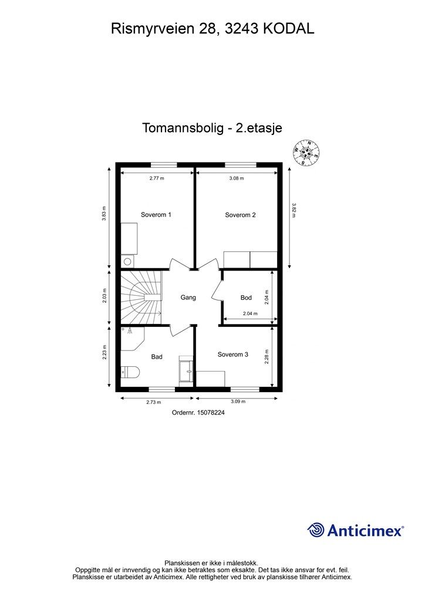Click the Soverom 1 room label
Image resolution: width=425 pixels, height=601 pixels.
(x=156, y=215)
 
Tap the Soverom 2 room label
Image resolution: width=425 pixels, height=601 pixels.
(x=240, y=215)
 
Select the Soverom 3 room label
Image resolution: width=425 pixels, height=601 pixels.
(x=232, y=354)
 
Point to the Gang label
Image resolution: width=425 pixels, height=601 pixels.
(x=188, y=298)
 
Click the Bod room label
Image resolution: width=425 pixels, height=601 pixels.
(x=246, y=298)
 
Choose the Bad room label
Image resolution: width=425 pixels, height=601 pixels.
(x=157, y=357)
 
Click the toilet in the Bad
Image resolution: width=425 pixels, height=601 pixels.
(x=129, y=372)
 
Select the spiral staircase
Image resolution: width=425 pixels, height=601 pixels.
(x=141, y=297)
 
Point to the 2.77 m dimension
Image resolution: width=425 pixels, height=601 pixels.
(x=157, y=178)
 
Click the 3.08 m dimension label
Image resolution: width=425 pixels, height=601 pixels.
(x=237, y=178)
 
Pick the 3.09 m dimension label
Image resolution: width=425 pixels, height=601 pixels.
(x=238, y=402)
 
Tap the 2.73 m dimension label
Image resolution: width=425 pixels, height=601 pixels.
(x=154, y=402)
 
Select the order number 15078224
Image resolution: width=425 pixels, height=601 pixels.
(x=198, y=413)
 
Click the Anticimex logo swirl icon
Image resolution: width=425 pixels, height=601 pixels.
(x=316, y=530)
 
